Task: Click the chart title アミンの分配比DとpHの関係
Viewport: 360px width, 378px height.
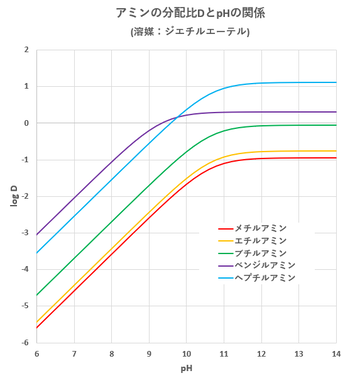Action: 189,12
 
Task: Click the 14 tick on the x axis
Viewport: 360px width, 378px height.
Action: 335,353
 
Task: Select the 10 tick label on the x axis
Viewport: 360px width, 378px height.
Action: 186,353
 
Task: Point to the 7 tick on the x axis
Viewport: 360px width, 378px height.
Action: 74,353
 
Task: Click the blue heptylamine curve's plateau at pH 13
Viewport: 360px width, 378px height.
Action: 298,82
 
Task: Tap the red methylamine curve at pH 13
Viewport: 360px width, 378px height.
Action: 298,158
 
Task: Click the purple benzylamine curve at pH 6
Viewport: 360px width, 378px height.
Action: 37,234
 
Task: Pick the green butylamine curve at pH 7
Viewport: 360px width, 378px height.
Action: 74,258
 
